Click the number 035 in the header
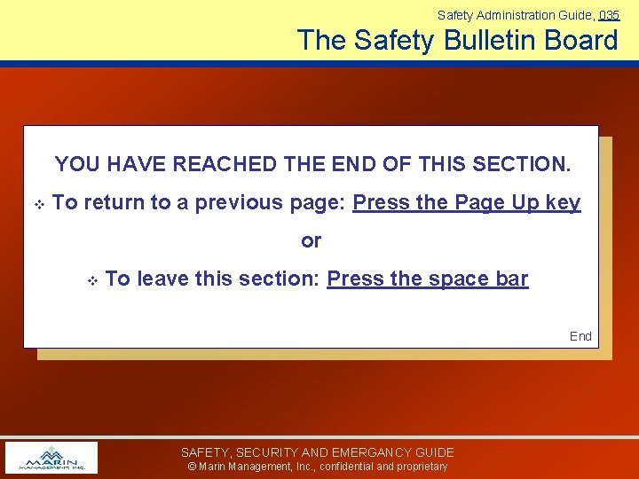pyautogui.click(x=609, y=15)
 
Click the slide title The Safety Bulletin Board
pyautogui.click(x=457, y=40)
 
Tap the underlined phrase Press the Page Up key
pyautogui.click(x=467, y=203)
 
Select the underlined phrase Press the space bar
pyautogui.click(x=427, y=279)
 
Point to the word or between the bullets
pyautogui.click(x=311, y=241)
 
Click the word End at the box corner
pyautogui.click(x=580, y=336)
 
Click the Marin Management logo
pyautogui.click(x=51, y=458)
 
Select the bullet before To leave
pyautogui.click(x=91, y=280)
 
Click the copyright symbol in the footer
pyautogui.click(x=191, y=467)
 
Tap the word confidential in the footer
pyautogui.click(x=352, y=467)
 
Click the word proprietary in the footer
pyautogui.click(x=422, y=467)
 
